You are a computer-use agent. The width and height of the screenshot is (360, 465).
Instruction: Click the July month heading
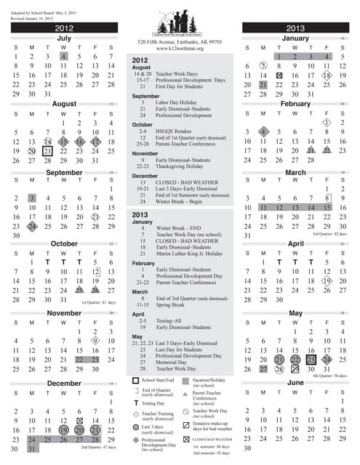coord(64,38)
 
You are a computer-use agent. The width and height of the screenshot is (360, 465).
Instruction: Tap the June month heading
coord(295,382)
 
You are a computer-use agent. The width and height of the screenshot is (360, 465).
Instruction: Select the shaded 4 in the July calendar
coord(64,56)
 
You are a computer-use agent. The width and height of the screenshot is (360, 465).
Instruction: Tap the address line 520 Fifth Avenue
coord(180,43)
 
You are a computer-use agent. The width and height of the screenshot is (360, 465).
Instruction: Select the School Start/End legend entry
coord(159,380)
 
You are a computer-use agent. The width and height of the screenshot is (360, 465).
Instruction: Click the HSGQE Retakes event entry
coord(171,132)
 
